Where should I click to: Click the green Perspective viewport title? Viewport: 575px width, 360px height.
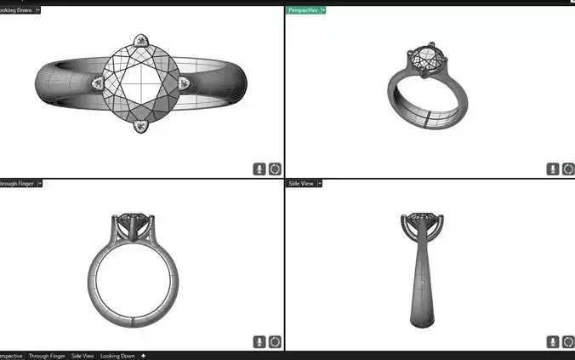302,9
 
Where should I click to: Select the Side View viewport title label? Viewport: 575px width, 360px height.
302,183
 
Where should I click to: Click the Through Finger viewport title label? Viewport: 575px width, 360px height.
17,183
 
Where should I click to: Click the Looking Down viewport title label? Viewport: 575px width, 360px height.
15,9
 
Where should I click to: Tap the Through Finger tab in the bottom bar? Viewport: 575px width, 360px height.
46,356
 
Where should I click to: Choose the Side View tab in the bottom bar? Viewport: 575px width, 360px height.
83,356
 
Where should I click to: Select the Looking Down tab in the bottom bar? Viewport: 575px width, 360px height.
117,356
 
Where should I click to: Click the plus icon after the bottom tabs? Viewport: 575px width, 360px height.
143,356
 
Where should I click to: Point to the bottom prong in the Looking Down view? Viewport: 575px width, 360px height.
141,126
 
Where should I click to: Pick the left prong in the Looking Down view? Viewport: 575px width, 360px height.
100,83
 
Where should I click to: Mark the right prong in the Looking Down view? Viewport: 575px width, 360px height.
184,83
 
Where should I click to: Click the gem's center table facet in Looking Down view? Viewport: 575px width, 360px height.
141,83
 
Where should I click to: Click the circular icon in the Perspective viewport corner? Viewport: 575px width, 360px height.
561,169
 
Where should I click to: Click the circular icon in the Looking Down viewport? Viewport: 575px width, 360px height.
275,169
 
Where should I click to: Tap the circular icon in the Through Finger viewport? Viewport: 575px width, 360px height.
275,341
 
